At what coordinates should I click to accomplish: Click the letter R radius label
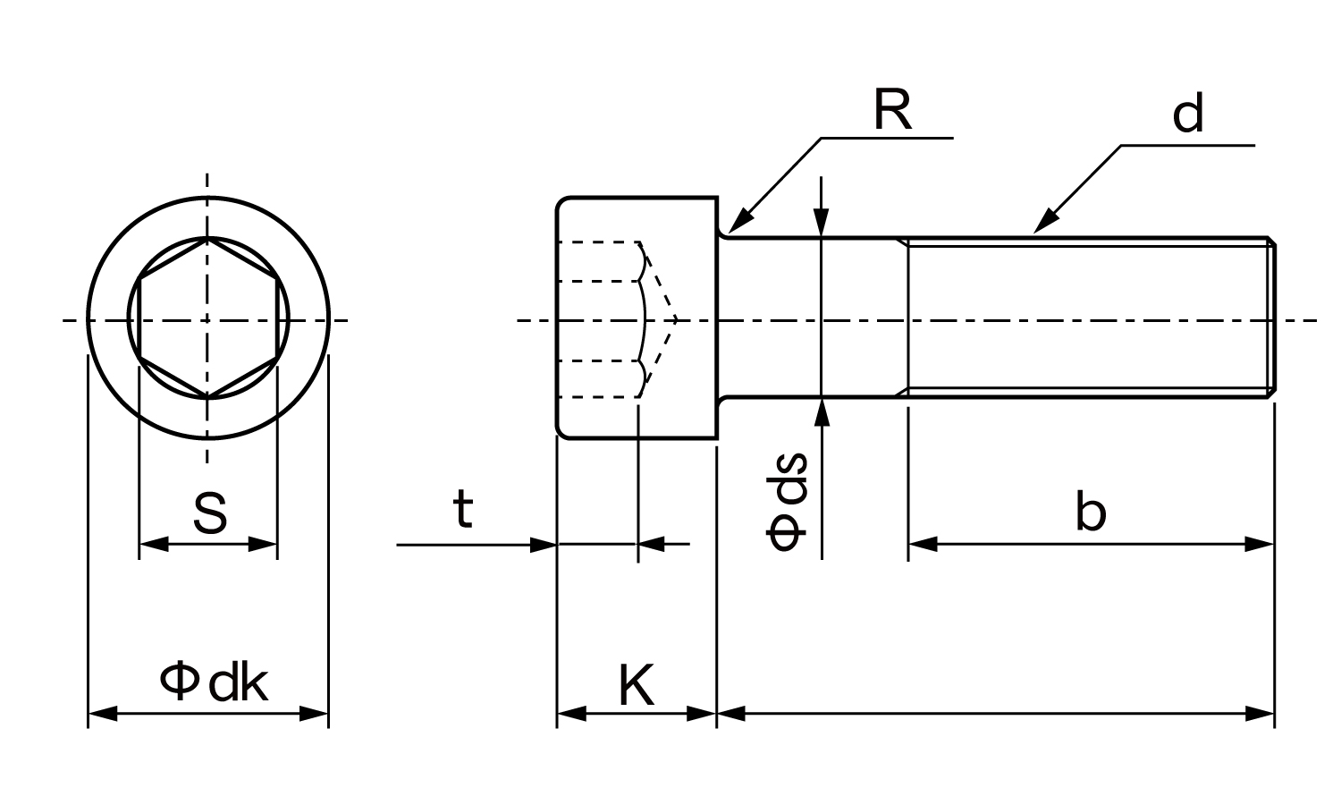[x=891, y=111]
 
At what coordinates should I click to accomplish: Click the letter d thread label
[x=1188, y=114]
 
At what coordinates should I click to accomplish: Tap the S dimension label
[x=209, y=513]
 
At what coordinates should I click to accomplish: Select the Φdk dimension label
[x=214, y=683]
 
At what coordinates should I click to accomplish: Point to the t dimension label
[x=462, y=511]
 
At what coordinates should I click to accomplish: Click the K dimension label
[x=637, y=686]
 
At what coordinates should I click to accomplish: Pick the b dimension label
[x=1091, y=513]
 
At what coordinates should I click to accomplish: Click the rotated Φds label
[x=788, y=501]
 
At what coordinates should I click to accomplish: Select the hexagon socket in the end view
[x=208, y=318]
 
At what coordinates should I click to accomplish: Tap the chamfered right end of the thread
[x=1271, y=318]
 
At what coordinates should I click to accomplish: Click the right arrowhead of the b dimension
[x=1260, y=543]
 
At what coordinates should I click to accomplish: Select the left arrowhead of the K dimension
[x=570, y=714]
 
